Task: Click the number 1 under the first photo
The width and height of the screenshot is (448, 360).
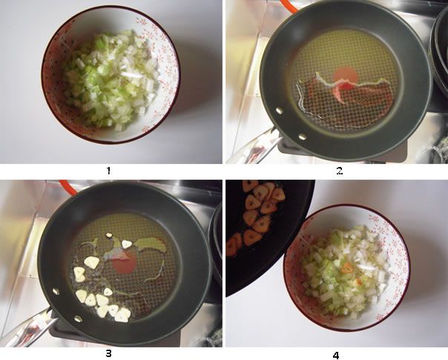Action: click(108, 171)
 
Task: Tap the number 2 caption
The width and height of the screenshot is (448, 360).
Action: click(339, 171)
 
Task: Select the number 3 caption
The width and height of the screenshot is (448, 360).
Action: click(108, 353)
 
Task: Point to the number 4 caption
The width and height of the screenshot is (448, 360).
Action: click(336, 355)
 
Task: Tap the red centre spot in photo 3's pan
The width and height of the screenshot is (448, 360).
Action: click(125, 262)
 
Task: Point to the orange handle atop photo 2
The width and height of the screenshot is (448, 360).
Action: click(288, 6)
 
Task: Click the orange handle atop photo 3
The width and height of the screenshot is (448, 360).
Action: click(65, 186)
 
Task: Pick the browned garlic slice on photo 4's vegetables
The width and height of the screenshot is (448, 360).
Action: click(347, 266)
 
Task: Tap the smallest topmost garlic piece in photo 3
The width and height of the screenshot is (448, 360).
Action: click(110, 236)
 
